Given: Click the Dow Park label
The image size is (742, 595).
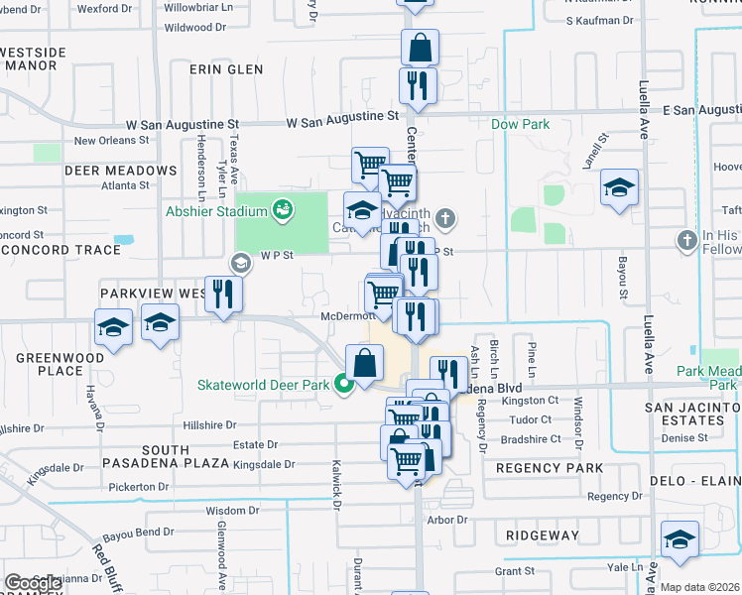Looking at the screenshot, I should [x=521, y=125].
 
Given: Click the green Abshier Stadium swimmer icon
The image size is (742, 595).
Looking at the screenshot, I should [x=283, y=209].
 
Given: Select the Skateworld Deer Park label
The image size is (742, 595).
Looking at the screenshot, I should [x=263, y=385].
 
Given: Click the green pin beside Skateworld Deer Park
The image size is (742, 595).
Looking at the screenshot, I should [x=344, y=384].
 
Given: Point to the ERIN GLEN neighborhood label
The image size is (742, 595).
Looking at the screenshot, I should [x=229, y=69].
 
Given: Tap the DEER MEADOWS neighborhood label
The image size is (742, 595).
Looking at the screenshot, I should [x=120, y=171].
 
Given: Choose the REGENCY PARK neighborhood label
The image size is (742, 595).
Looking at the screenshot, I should [x=550, y=468].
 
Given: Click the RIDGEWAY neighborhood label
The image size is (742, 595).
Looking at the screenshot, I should [x=542, y=535].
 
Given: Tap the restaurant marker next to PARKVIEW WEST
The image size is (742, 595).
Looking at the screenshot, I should [x=223, y=294].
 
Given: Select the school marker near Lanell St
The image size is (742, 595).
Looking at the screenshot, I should [x=619, y=187].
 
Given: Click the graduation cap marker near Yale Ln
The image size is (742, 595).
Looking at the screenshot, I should [x=680, y=538].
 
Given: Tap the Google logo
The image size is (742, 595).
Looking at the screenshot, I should [x=33, y=583].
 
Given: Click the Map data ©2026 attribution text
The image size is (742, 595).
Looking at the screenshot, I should [x=699, y=587].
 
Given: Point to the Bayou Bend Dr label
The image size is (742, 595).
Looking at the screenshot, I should [x=140, y=533].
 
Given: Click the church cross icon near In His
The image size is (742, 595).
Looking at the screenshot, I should [x=686, y=240].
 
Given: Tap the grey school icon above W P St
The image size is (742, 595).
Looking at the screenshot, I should [x=239, y=263].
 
